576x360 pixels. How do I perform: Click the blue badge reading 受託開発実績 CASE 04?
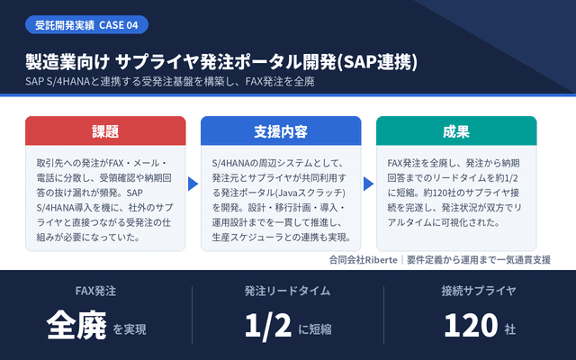[86, 24]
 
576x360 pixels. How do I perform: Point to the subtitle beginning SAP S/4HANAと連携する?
[170, 81]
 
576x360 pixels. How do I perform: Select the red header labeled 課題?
[105, 130]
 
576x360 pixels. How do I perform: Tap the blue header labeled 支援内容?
[281, 130]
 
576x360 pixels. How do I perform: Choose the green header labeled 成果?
[456, 130]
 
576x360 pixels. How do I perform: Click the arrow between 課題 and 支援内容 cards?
[193, 184]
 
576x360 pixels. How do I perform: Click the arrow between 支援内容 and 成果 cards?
[368, 184]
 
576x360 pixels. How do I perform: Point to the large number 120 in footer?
[471, 325]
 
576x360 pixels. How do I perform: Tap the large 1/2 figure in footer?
[268, 326]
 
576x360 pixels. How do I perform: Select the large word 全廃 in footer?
[76, 326]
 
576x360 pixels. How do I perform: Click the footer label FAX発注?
[95, 291]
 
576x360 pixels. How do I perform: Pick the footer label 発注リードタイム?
[288, 291]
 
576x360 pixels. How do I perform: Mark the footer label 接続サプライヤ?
[479, 291]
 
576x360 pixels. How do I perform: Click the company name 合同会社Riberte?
[363, 260]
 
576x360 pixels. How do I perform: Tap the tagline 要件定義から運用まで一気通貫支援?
[479, 260]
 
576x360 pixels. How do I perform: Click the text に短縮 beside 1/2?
[315, 329]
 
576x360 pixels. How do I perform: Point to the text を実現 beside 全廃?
[130, 329]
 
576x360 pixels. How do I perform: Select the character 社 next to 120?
[510, 329]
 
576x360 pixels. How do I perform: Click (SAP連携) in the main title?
[377, 62]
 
